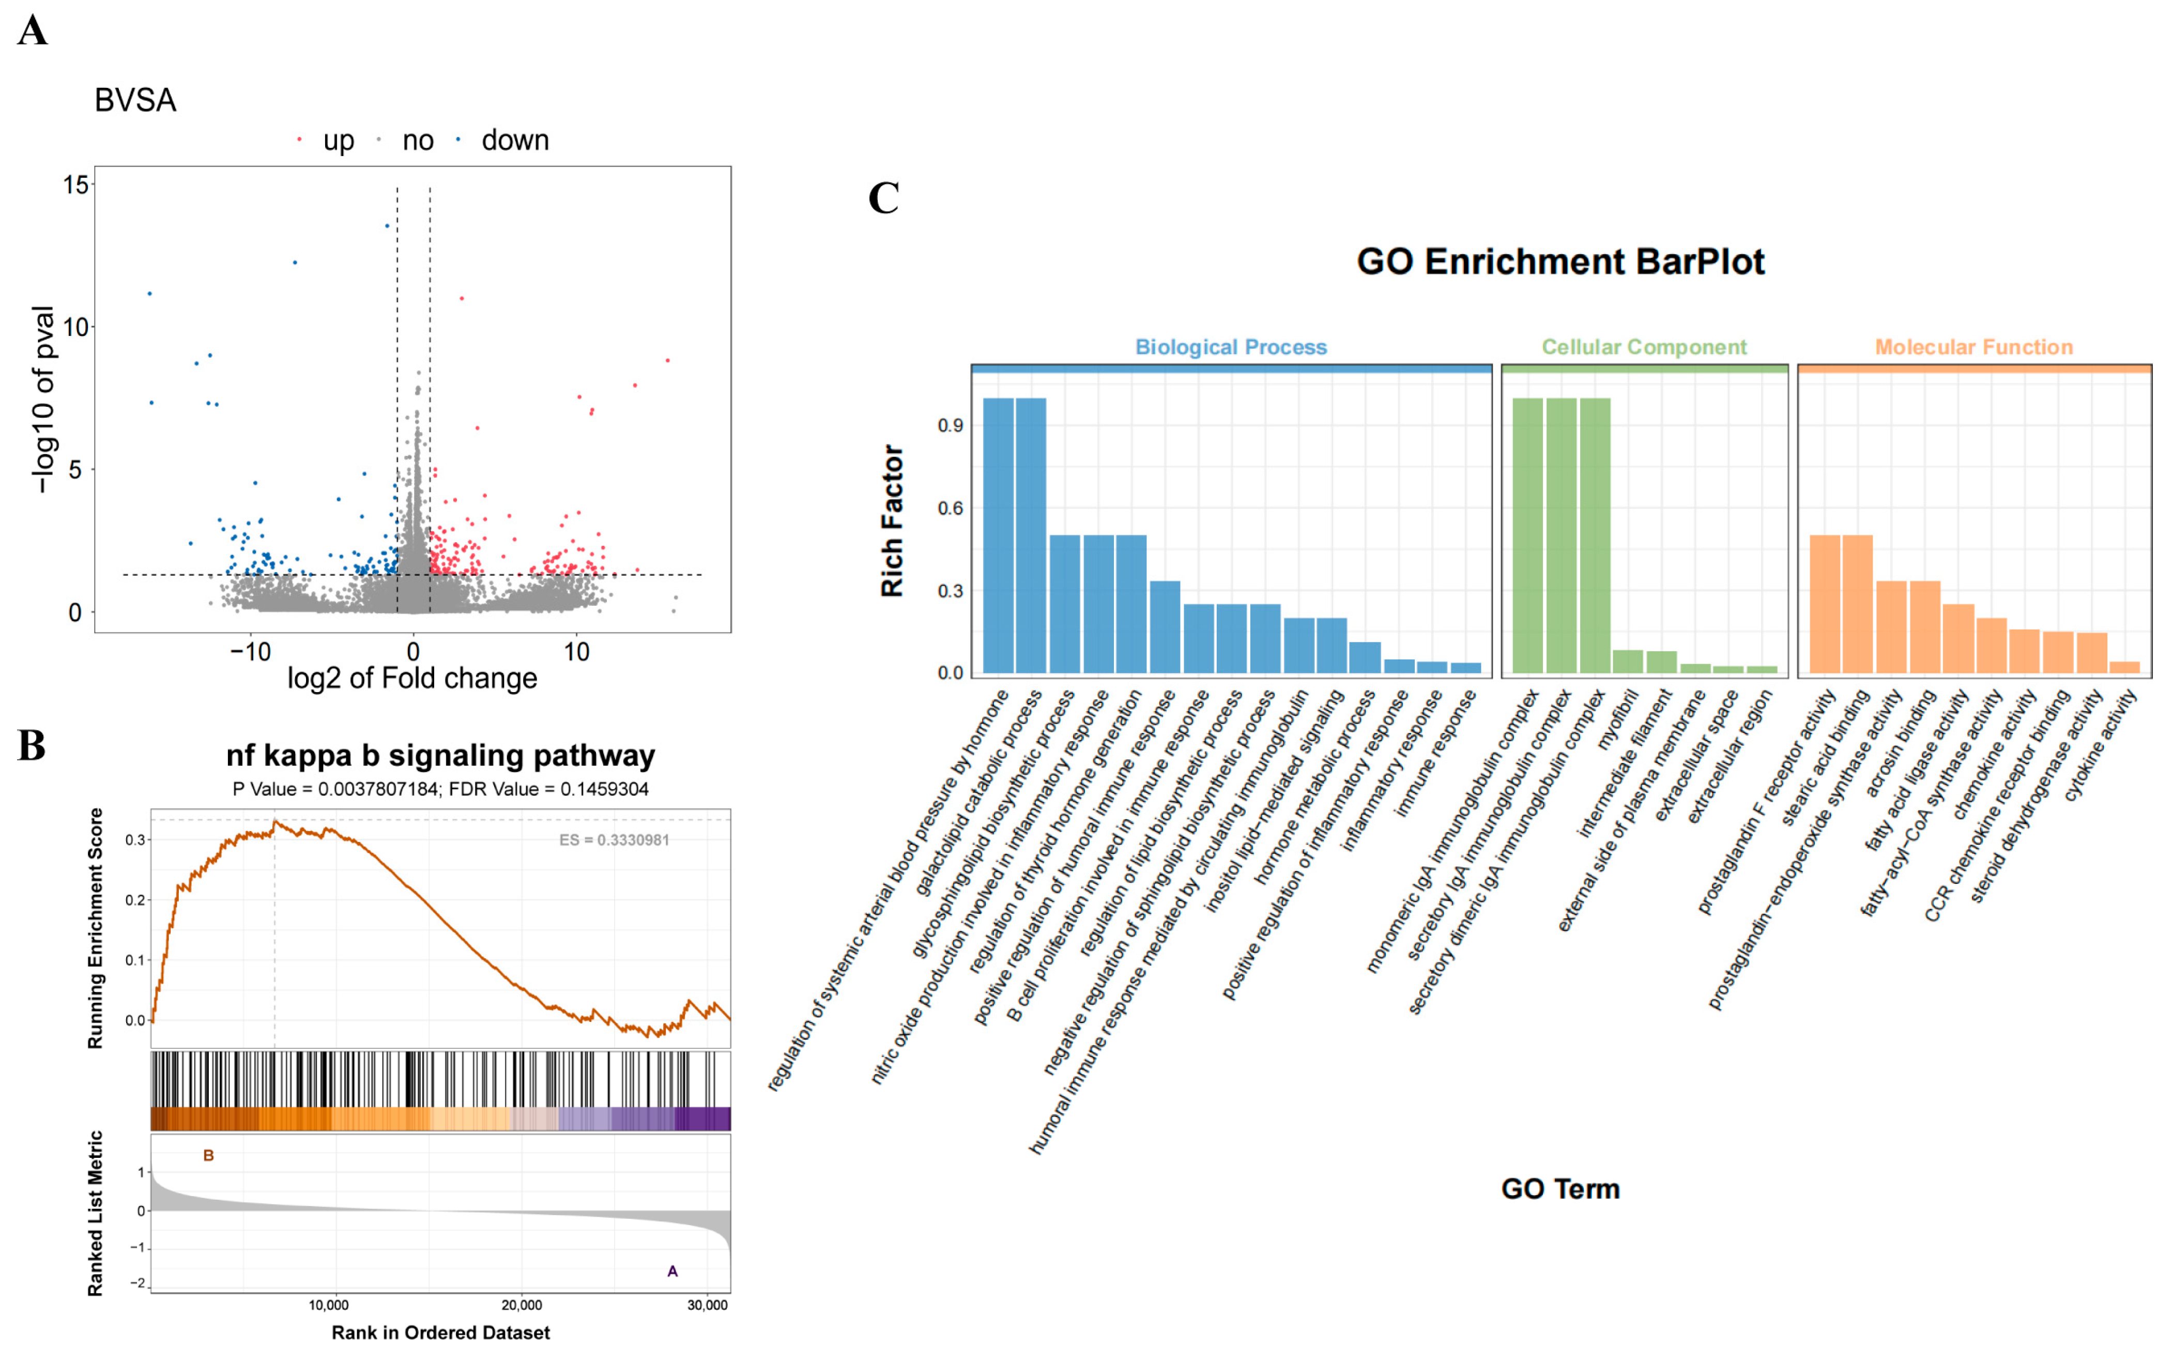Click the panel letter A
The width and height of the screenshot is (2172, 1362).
33,30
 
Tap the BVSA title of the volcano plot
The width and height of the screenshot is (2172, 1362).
135,100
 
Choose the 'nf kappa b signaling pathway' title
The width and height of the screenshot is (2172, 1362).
440,755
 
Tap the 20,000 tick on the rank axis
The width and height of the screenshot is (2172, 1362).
522,1305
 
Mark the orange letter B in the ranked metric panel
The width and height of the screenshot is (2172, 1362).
208,1156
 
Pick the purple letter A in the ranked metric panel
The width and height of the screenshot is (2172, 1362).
672,1271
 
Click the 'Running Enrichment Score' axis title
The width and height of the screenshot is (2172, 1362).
96,928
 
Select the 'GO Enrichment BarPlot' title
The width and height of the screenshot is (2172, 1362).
1561,261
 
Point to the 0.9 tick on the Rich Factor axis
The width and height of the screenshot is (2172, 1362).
951,425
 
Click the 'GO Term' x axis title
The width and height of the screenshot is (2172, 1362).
1561,1188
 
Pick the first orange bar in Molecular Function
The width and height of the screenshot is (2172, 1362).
1825,604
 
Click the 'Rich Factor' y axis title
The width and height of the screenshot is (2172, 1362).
892,521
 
